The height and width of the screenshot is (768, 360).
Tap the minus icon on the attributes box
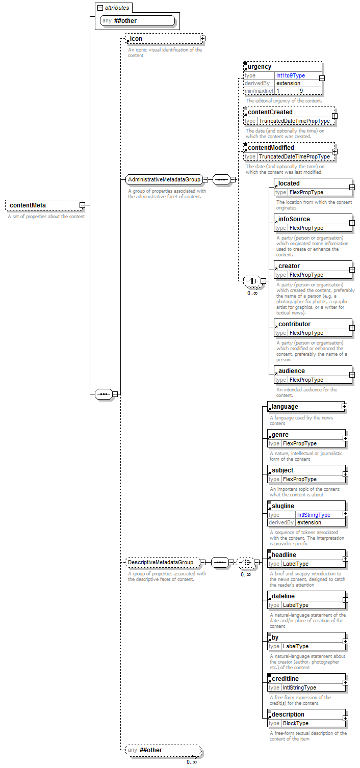click(x=100, y=8)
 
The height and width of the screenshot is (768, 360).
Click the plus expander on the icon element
click(x=202, y=38)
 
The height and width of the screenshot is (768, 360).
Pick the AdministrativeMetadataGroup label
click(x=164, y=179)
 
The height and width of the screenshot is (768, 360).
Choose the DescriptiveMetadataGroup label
click(x=161, y=562)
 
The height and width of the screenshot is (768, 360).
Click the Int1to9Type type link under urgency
click(x=290, y=75)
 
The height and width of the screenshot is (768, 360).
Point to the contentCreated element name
click(x=270, y=112)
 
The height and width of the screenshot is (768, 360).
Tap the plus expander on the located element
click(x=352, y=188)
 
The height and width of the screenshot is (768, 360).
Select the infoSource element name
click(x=294, y=219)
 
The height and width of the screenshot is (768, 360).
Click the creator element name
click(x=289, y=266)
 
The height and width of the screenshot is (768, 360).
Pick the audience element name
click(x=292, y=371)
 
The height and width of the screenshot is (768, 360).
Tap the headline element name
click(x=284, y=555)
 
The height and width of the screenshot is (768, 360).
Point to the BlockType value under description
click(x=296, y=723)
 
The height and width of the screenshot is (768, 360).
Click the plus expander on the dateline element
click(x=345, y=600)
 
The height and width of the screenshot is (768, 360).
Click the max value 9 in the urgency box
click(x=301, y=91)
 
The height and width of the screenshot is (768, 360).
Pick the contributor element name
click(x=294, y=324)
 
